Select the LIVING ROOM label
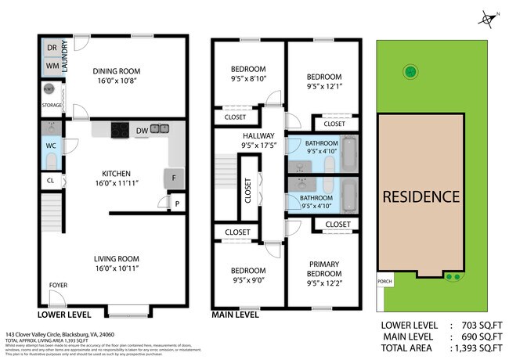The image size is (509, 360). click(116, 259)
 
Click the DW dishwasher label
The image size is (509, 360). click(142, 130)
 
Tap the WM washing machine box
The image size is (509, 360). click(51, 67)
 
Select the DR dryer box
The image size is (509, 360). click(51, 48)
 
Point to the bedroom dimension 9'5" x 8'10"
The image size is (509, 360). click(249, 79)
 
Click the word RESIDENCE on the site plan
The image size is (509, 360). click(421, 196)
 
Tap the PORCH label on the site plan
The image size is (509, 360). click(384, 282)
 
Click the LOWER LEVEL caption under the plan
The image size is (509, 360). click(63, 315)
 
